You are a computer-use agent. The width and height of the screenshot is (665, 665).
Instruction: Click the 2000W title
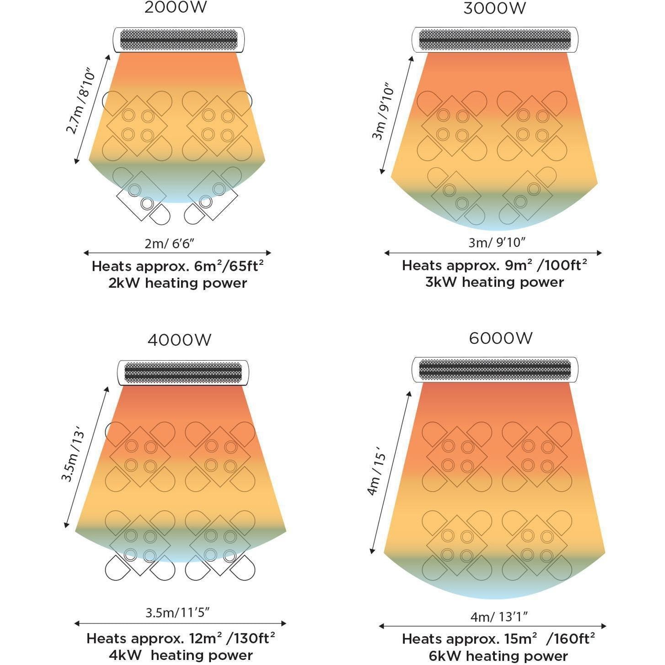coord(175,8)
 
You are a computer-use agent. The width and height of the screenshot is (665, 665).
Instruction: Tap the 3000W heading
coord(494,9)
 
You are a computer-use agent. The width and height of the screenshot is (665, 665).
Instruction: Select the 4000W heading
coord(179,340)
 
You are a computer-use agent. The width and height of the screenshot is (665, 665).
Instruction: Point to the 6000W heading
coord(500,338)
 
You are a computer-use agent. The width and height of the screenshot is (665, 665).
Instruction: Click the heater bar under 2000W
coord(179,40)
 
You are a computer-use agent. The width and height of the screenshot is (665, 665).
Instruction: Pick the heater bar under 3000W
coord(495,40)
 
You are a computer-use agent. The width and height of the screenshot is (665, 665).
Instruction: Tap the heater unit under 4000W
coord(183,372)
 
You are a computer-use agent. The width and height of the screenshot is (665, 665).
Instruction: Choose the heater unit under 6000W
coord(495,369)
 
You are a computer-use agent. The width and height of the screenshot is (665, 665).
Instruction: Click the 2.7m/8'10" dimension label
coord(82,102)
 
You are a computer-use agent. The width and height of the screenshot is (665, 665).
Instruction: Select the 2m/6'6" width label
coord(169,243)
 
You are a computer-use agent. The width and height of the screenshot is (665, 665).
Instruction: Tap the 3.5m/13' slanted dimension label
coord(73,454)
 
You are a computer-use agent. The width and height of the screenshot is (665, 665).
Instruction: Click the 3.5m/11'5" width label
coord(177,612)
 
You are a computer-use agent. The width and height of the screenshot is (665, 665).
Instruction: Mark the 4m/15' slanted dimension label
coord(377,474)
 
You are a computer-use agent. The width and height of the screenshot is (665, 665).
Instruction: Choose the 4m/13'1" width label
coord(499,617)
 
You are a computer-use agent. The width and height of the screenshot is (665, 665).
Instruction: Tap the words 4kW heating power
coord(181,655)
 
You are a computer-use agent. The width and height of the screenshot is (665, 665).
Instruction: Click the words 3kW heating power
coord(494,282)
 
